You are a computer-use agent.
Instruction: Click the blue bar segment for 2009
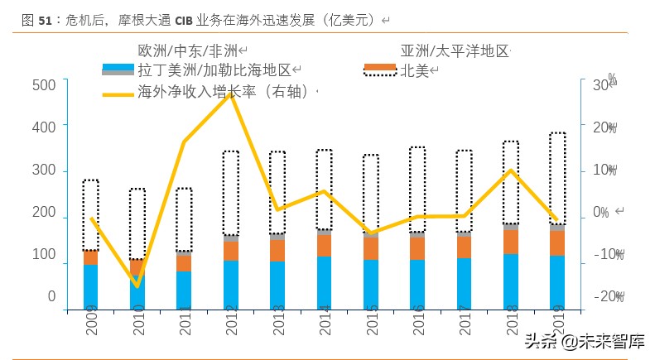pyautogui.click(x=90, y=286)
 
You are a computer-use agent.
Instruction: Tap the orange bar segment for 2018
pyautogui.click(x=511, y=241)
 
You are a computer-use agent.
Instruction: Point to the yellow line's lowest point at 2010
pyautogui.click(x=137, y=286)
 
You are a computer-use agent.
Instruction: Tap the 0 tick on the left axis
pyautogui.click(x=51, y=296)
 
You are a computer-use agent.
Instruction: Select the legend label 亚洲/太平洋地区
pyautogui.click(x=454, y=50)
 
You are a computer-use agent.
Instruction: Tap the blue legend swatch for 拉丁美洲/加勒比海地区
pyautogui.click(x=118, y=70)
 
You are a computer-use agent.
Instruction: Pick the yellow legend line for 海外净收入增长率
pyautogui.click(x=118, y=93)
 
